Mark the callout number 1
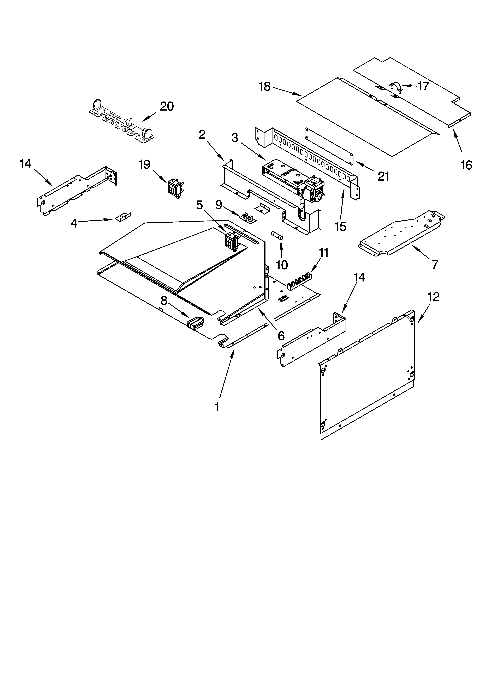click(x=217, y=407)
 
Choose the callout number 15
click(x=340, y=227)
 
